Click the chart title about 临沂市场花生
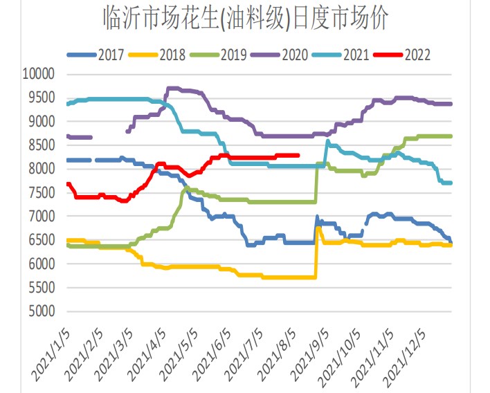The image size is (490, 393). point(245,18)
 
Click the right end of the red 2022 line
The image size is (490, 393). point(298,155)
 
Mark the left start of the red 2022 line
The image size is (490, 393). point(67,183)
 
